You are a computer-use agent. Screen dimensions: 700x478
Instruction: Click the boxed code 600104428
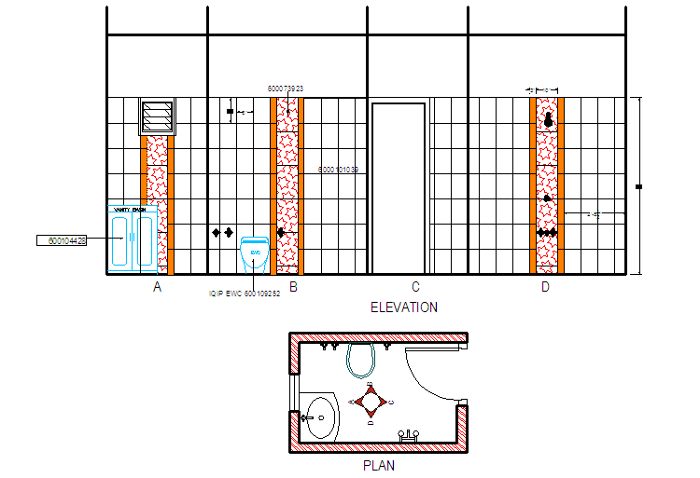point(62,240)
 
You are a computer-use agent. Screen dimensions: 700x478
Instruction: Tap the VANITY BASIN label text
point(131,211)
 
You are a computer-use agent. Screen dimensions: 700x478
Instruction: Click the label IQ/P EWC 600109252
point(245,294)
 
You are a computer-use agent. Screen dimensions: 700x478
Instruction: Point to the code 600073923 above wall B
point(286,89)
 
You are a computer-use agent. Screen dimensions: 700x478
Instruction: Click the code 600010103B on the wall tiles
point(339,170)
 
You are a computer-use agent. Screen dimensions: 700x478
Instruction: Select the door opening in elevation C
point(399,186)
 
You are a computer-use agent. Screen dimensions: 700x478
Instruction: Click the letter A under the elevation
point(157,287)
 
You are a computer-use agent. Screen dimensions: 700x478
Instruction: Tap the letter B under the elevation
point(293,287)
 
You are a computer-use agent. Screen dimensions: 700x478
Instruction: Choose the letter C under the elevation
point(415,287)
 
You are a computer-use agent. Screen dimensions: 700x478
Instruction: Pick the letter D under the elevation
point(545,287)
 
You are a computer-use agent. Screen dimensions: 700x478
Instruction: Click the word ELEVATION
point(403,307)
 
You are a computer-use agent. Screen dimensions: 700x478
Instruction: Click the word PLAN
point(379,465)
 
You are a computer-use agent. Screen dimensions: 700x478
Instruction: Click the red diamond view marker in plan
point(371,402)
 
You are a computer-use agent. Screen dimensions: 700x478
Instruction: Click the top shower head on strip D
point(548,120)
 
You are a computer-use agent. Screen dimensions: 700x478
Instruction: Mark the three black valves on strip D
point(547,232)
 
